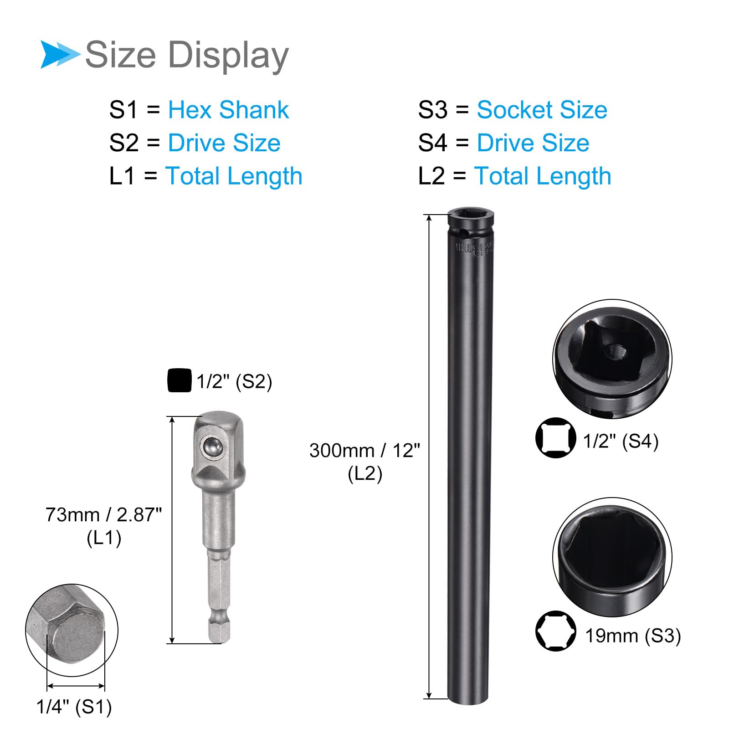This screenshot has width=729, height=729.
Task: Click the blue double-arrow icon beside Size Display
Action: coord(59,55)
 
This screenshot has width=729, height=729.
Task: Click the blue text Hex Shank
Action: coord(228,110)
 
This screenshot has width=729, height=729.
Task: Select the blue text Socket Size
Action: coord(542,110)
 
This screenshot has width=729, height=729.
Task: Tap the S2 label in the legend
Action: coord(123,143)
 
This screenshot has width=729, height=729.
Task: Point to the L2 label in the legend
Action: coord(431,176)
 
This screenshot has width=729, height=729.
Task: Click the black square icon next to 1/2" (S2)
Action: coord(179,380)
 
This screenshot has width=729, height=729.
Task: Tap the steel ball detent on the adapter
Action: coord(212,447)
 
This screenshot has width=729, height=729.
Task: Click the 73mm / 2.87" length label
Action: coord(103,515)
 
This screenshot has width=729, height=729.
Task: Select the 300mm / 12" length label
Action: coord(364,451)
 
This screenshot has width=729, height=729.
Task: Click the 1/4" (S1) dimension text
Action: coord(74,707)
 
